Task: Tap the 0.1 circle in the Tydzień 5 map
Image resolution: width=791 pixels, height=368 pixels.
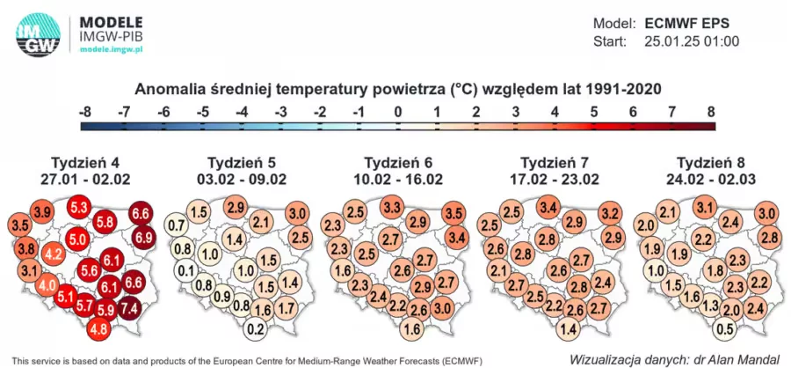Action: coord(186,271)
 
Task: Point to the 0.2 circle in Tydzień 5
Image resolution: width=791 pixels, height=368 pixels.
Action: coord(257,329)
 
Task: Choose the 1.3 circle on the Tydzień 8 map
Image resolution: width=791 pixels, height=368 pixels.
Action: coord(713,305)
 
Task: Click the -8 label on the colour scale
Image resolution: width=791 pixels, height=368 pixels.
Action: coord(85,112)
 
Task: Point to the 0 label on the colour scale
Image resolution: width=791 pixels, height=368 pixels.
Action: coord(397,112)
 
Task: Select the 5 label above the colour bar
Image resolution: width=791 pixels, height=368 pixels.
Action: coord(593,112)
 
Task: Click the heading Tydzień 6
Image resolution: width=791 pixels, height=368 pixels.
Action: coord(398,163)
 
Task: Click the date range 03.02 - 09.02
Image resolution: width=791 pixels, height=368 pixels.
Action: coord(247,180)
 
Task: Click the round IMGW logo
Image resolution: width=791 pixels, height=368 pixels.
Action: coord(38,34)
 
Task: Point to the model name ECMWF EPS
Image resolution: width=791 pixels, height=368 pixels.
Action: coord(687,23)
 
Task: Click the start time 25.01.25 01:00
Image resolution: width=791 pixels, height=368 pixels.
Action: coord(693,41)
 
